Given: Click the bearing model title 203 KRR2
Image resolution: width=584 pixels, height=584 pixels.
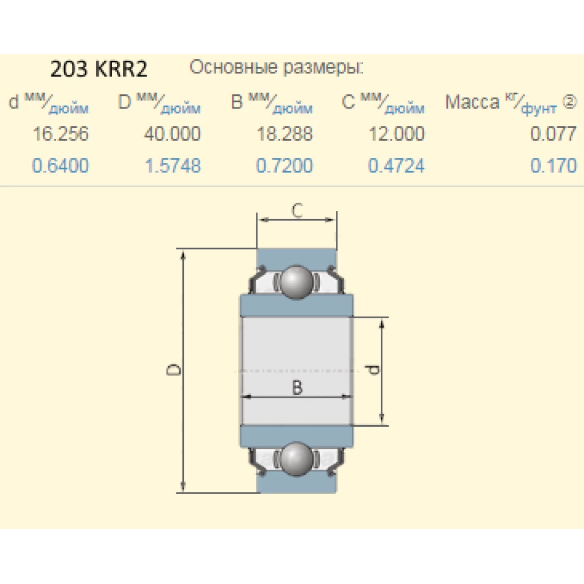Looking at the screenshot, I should [x=99, y=69].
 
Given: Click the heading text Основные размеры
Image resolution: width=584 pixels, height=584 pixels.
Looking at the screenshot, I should [x=277, y=68].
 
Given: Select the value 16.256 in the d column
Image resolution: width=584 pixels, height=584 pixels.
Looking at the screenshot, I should [x=61, y=134].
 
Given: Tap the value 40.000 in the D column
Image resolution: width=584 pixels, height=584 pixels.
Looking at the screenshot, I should [x=172, y=134].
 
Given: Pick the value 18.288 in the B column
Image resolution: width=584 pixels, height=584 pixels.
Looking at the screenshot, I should [x=284, y=134].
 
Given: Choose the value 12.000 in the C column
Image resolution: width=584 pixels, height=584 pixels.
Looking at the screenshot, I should [x=396, y=134].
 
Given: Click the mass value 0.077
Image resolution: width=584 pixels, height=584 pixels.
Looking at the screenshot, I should [x=553, y=134].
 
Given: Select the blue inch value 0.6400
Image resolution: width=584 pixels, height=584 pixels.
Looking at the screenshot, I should [x=61, y=165].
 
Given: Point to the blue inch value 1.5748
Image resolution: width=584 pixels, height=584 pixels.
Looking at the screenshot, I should [x=172, y=165].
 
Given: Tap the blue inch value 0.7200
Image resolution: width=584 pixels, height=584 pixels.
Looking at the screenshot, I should [x=284, y=165].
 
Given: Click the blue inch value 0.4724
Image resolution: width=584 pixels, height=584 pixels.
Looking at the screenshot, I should [x=396, y=165].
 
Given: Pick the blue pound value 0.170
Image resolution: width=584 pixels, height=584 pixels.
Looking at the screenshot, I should [x=553, y=165].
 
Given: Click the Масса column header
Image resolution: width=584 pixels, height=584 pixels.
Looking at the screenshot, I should [x=472, y=102].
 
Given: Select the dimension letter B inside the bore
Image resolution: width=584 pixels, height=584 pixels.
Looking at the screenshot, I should [x=297, y=387].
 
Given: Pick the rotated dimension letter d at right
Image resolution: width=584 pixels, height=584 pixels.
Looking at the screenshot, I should [x=373, y=370].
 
